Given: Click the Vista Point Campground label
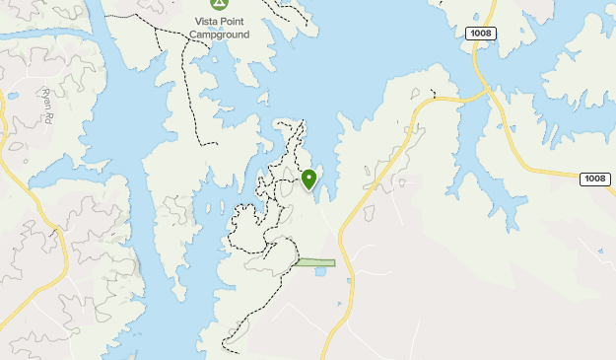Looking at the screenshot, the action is pos(219,27).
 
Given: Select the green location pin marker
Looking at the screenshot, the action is pos(309,179).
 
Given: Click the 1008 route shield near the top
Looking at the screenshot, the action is pos(481,34).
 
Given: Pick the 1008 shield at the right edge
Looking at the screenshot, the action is pos(594,179).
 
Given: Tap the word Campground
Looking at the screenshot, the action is pos(219,34).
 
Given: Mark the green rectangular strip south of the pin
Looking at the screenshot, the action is pos(315,262).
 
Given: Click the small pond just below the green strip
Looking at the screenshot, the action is pos(320,271).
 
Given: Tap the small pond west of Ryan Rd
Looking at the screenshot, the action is pos(12,96).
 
